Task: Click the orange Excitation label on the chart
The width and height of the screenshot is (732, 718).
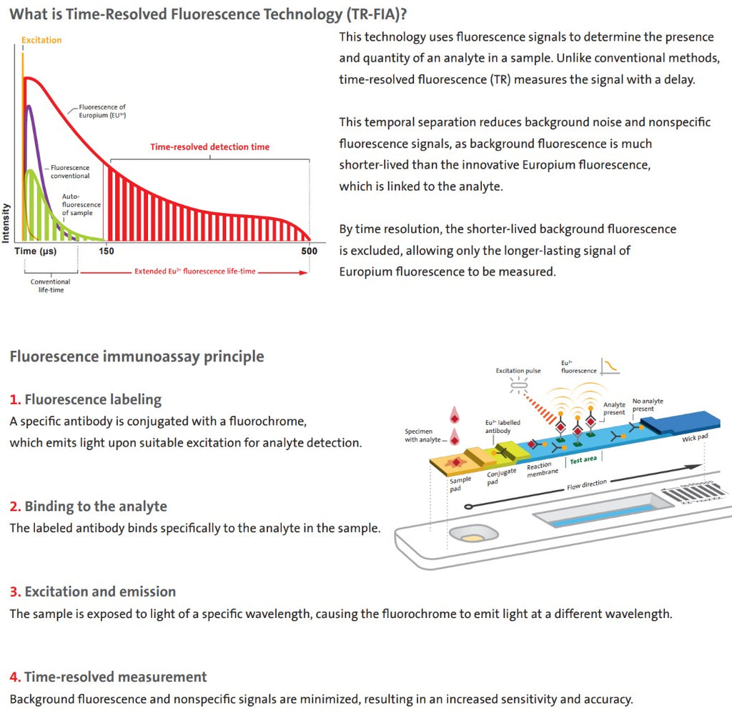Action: click(41, 40)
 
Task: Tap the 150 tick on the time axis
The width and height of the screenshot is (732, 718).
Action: click(107, 251)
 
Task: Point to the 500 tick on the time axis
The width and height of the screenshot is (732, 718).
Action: click(309, 251)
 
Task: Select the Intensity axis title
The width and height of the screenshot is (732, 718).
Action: click(6, 223)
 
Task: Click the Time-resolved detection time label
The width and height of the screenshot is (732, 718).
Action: click(209, 147)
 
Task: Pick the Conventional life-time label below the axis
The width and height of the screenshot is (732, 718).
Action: click(51, 286)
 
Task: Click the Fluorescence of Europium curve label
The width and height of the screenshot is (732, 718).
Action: click(102, 111)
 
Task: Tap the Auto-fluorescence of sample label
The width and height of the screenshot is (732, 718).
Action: click(81, 204)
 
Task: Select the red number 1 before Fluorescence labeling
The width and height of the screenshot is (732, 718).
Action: click(15, 400)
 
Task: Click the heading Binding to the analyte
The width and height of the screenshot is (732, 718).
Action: click(96, 507)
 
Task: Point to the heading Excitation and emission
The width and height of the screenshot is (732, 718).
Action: click(100, 592)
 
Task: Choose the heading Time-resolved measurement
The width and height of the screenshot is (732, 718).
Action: click(115, 677)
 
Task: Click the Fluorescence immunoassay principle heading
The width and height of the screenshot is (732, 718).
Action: click(137, 356)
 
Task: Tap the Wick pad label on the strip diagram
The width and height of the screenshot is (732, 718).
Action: click(695, 438)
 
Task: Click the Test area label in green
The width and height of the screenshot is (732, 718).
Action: click(583, 460)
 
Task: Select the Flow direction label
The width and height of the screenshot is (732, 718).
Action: click(587, 484)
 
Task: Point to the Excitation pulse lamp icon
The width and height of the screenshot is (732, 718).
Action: click(519, 385)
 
